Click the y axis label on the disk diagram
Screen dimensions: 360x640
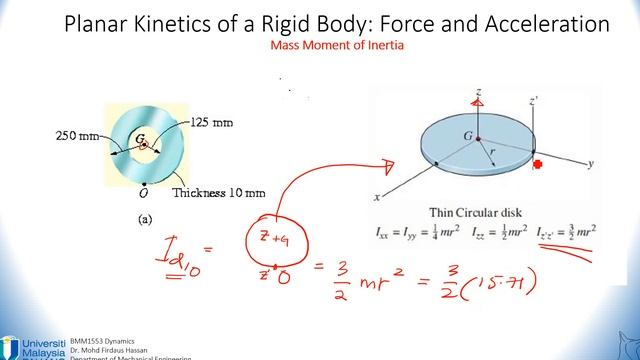pos(592,162)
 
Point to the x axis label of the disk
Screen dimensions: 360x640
pos(378,196)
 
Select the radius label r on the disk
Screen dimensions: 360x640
pos(490,154)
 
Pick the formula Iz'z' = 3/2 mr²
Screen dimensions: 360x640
pos(564,230)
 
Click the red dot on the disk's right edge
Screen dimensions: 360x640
pos(538,165)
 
